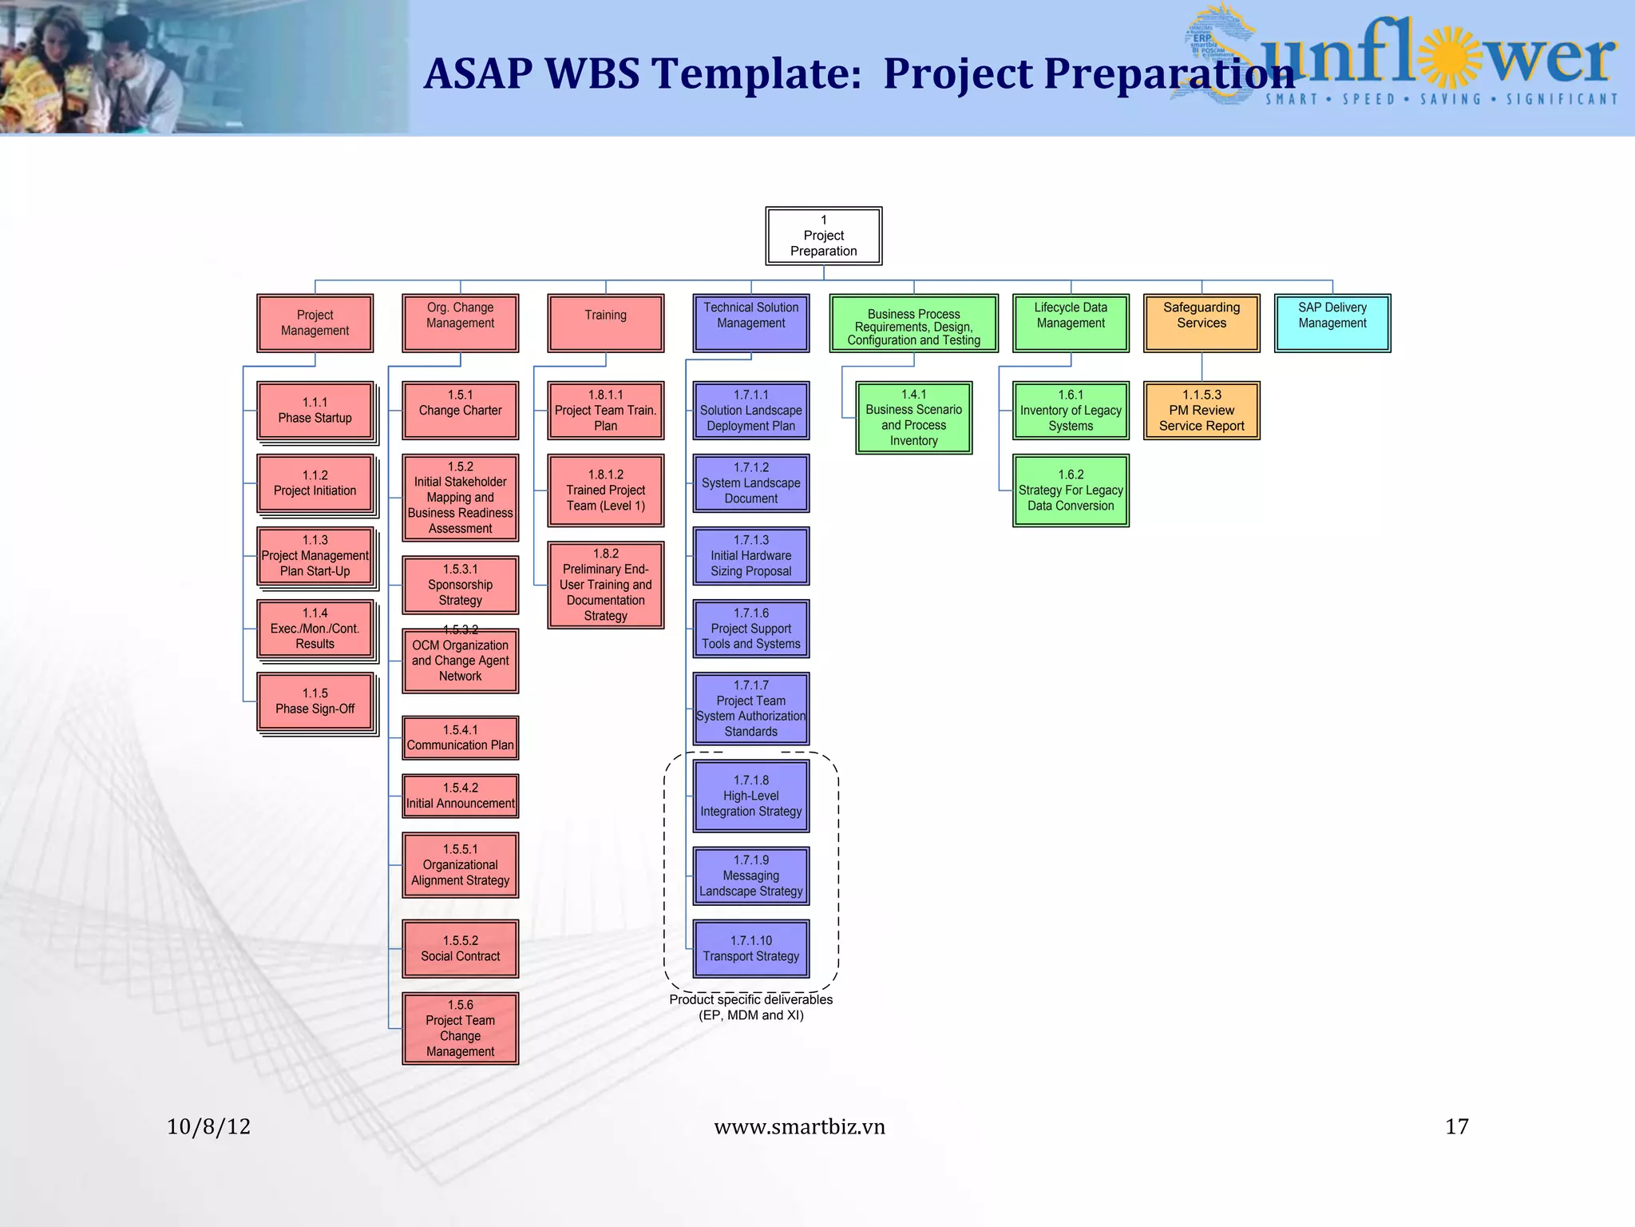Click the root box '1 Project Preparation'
pos(823,236)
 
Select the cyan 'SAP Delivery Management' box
pos(1332,323)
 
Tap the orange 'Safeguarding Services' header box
pos(1201,323)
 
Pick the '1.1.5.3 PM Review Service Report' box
pos(1201,411)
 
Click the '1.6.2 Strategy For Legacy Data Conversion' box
pos(1070,490)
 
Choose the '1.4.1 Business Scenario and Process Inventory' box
pos(913,418)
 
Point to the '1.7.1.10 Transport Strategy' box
pos(750,948)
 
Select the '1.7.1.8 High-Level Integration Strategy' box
pos(750,796)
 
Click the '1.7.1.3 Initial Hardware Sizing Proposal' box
pos(750,556)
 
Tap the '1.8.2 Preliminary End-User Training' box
pos(605,585)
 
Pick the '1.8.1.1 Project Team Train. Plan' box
pos(605,411)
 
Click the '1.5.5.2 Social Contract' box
pos(460,948)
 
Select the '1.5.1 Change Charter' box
pos(460,411)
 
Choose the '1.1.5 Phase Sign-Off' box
pos(315,701)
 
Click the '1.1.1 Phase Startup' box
pos(315,411)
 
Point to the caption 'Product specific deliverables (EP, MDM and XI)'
pos(750,1007)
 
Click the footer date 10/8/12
pos(208,1126)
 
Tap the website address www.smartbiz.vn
pos(799,1126)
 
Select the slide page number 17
pos(1456,1126)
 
